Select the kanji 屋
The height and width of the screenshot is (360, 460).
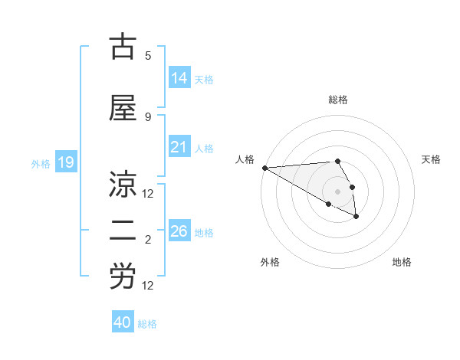coord(123,110)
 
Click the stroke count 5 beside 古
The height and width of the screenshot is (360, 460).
coord(148,55)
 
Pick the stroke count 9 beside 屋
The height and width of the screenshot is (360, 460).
coord(148,116)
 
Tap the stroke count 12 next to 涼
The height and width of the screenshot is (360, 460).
coord(148,193)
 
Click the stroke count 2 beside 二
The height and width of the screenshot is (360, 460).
coord(148,239)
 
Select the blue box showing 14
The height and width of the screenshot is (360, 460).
coord(179,77)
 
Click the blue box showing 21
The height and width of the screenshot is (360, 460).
coord(179,147)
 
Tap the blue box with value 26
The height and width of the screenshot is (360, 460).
coord(179,231)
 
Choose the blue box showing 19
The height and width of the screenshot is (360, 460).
coord(65,162)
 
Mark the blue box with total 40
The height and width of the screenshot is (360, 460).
coord(122,322)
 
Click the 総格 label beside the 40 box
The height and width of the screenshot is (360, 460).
coord(147,324)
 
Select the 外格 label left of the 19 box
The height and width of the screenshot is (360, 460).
coord(41,163)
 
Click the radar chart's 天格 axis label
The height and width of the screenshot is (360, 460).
coord(432,159)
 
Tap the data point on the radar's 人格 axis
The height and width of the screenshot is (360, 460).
coord(264,168)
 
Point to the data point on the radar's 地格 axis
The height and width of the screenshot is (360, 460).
coord(356,217)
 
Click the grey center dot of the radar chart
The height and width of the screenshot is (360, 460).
coord(337,191)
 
